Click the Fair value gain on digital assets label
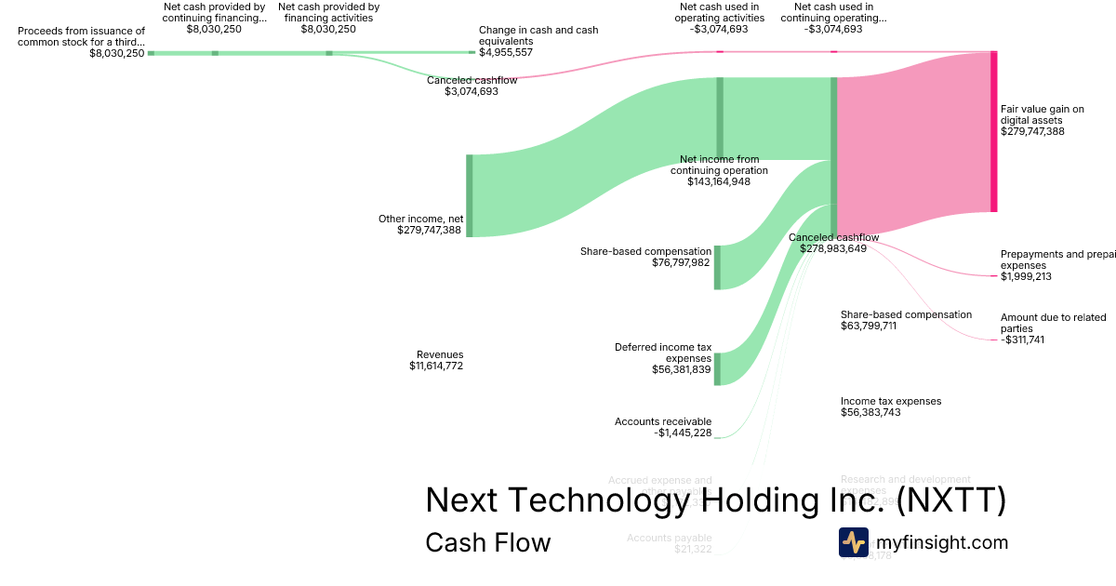click(1043, 121)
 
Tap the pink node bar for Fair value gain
click(993, 131)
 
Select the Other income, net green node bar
click(470, 195)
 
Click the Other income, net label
click(420, 224)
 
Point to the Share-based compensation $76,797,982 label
click(644, 257)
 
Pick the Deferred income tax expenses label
click(663, 358)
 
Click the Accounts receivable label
click(663, 427)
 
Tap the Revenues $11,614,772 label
click(436, 360)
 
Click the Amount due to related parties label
click(1054, 328)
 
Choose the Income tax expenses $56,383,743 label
click(891, 406)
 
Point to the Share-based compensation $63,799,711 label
click(906, 320)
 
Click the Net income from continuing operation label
click(719, 170)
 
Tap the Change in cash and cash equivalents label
click(538, 41)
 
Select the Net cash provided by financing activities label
click(328, 18)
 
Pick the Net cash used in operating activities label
click(720, 18)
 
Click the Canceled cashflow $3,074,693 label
click(472, 86)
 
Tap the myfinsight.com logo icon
click(853, 542)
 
